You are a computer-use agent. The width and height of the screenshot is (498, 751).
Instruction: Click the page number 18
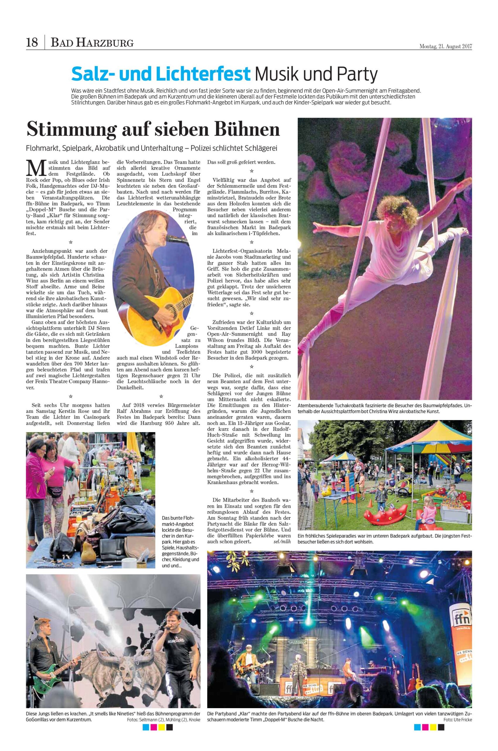32,42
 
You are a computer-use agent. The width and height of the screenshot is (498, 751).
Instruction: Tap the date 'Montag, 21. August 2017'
446,46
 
